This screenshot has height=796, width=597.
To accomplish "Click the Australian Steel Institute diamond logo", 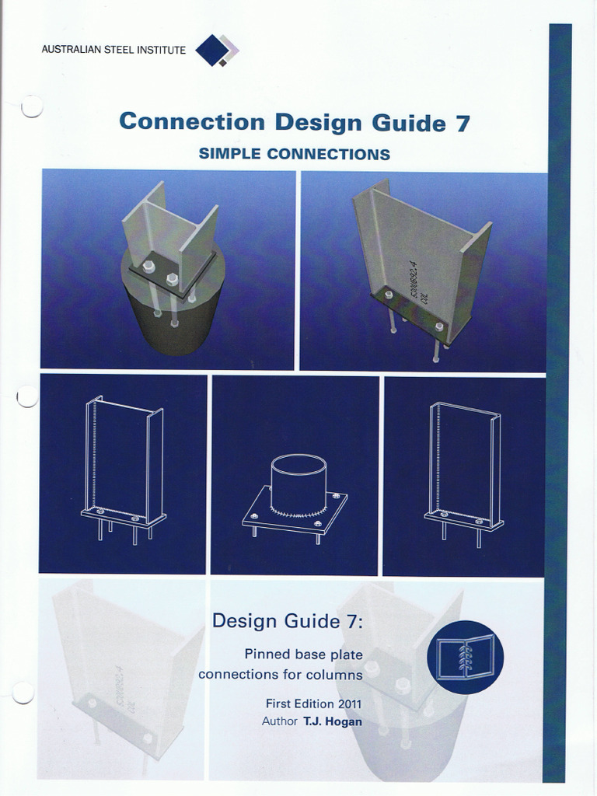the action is (217, 50).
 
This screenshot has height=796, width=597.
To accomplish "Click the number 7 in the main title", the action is (462, 123).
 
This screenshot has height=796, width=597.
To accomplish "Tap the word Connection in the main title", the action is (192, 122).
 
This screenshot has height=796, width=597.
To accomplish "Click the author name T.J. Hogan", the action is (333, 721).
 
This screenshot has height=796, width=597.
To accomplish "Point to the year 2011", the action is (348, 703).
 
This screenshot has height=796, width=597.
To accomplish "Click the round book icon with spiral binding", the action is (465, 658).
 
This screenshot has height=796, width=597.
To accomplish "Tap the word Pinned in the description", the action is (263, 655).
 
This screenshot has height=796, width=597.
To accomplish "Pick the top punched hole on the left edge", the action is (31, 106).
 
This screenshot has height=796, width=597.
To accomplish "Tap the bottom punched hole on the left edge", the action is (23, 693).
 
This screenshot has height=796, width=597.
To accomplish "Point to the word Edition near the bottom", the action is (312, 703).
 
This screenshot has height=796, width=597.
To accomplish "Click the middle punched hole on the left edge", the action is (27, 396).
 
